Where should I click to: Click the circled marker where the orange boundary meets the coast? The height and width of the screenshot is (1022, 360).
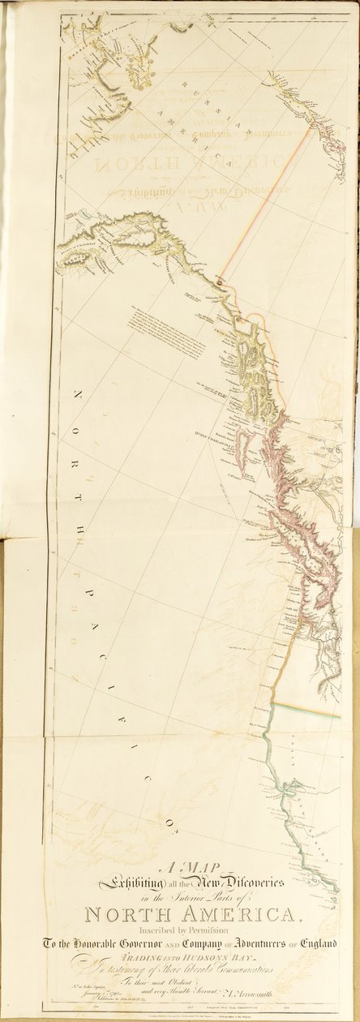220,283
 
